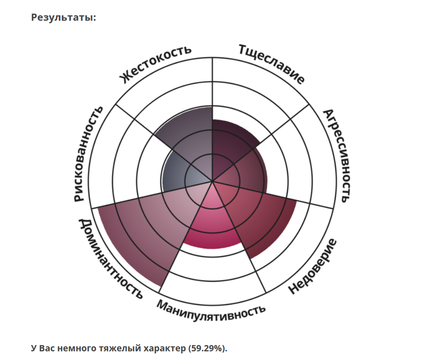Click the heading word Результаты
[63, 18]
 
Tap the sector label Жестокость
[155, 64]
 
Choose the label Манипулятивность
[211, 307]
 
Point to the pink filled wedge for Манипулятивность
[212, 225]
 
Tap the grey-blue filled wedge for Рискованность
[178, 175]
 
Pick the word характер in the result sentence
[163, 348]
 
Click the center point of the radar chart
[212, 182]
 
